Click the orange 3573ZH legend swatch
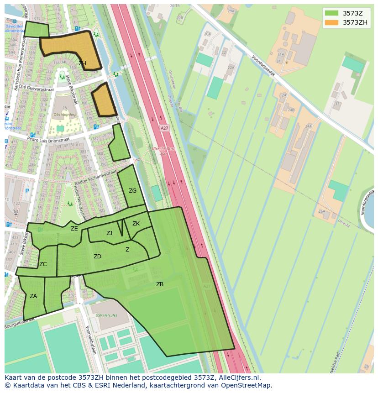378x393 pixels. click(331, 22)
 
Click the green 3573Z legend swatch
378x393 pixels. click(331, 13)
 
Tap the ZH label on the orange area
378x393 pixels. click(82, 63)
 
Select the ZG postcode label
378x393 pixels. click(132, 191)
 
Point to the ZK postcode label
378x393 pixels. click(136, 223)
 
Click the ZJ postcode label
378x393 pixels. click(109, 233)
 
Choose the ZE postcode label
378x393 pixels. click(74, 229)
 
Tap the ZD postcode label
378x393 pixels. click(97, 257)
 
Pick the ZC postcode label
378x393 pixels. click(43, 264)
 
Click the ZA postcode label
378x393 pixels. click(33, 296)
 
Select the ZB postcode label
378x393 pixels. click(160, 284)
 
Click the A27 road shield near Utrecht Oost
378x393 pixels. click(164, 129)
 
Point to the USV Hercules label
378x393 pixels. click(106, 315)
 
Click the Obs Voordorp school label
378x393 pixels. click(64, 114)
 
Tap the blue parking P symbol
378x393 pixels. click(27, 191)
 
